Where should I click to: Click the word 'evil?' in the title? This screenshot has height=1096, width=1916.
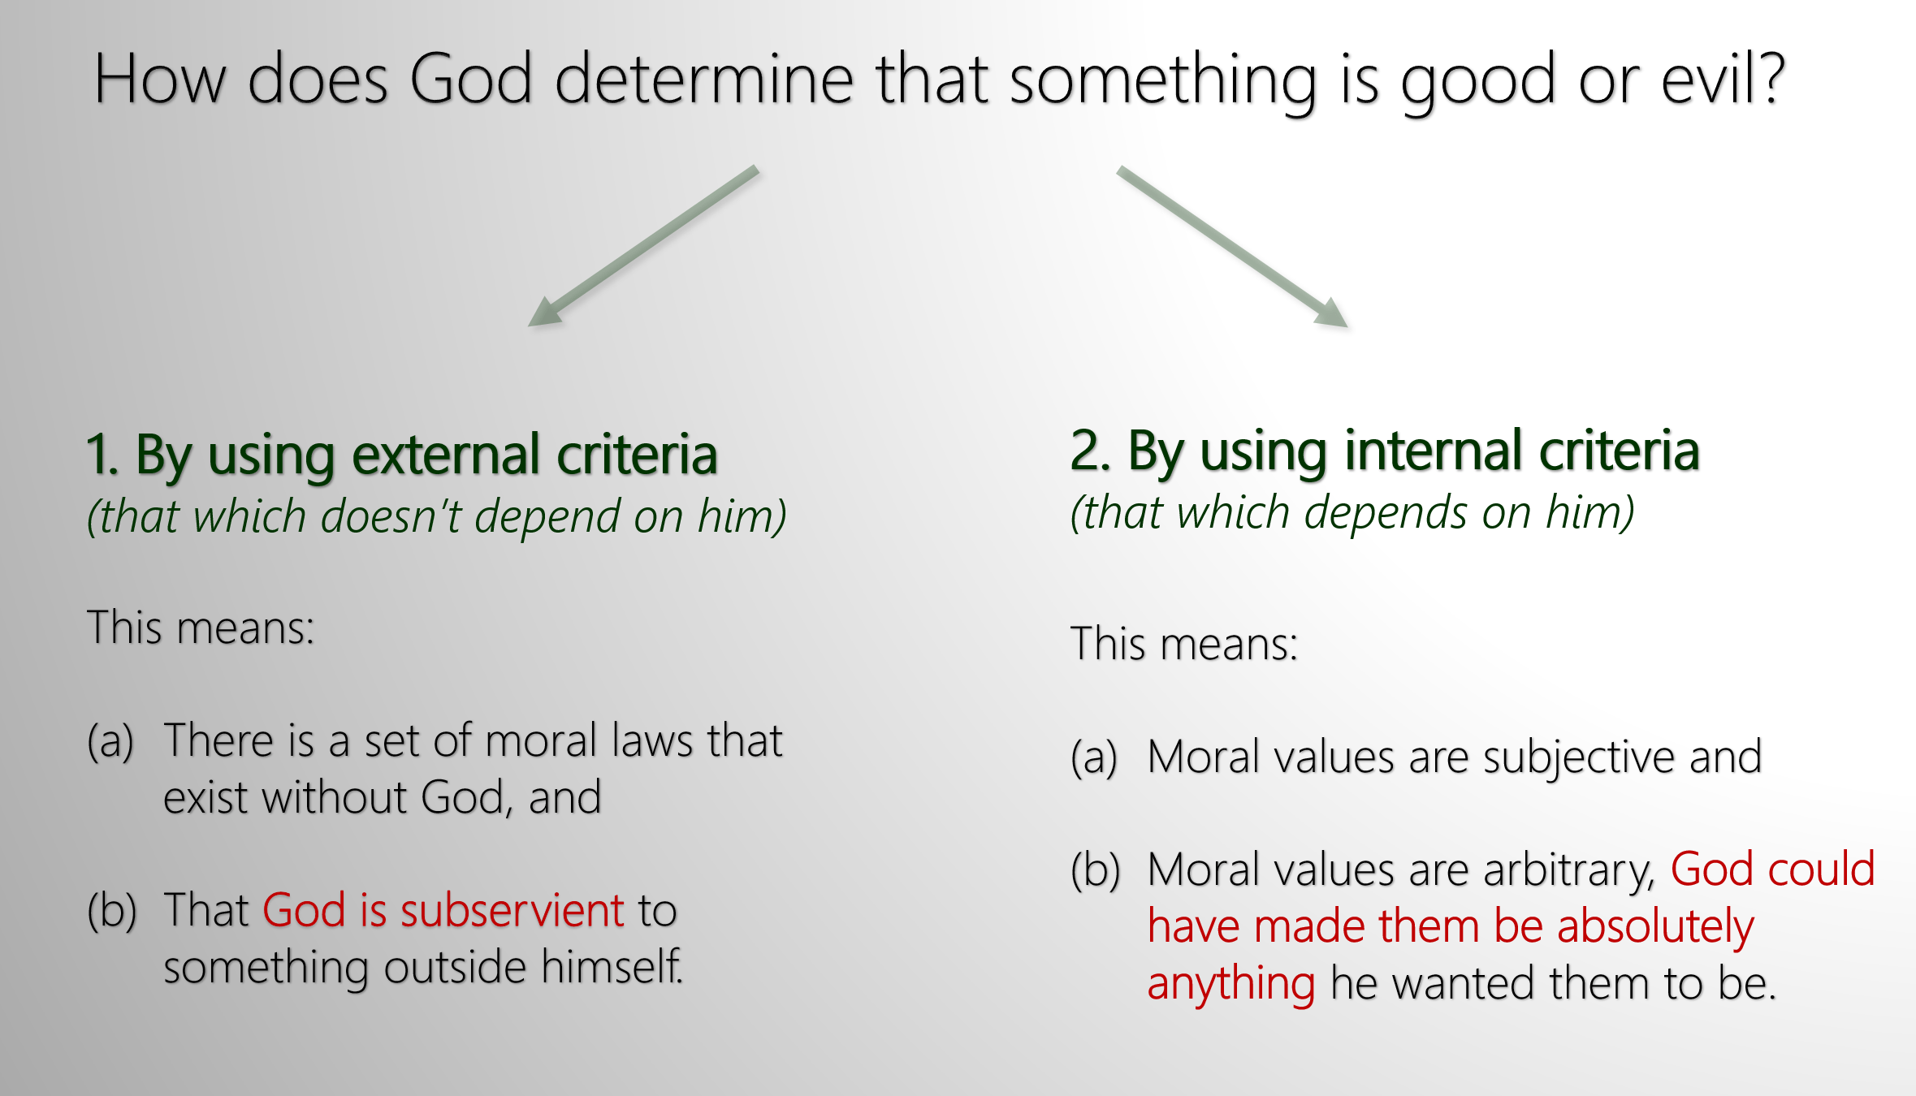click(1724, 78)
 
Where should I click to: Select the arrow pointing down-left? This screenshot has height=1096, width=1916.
click(643, 246)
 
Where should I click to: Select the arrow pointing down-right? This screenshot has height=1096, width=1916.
click(1233, 247)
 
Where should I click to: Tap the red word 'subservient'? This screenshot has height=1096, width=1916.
click(513, 910)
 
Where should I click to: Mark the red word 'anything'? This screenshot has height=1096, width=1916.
click(1231, 985)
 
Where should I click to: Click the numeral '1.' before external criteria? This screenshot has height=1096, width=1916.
click(102, 455)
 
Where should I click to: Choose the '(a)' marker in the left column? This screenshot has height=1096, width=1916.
click(110, 742)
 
